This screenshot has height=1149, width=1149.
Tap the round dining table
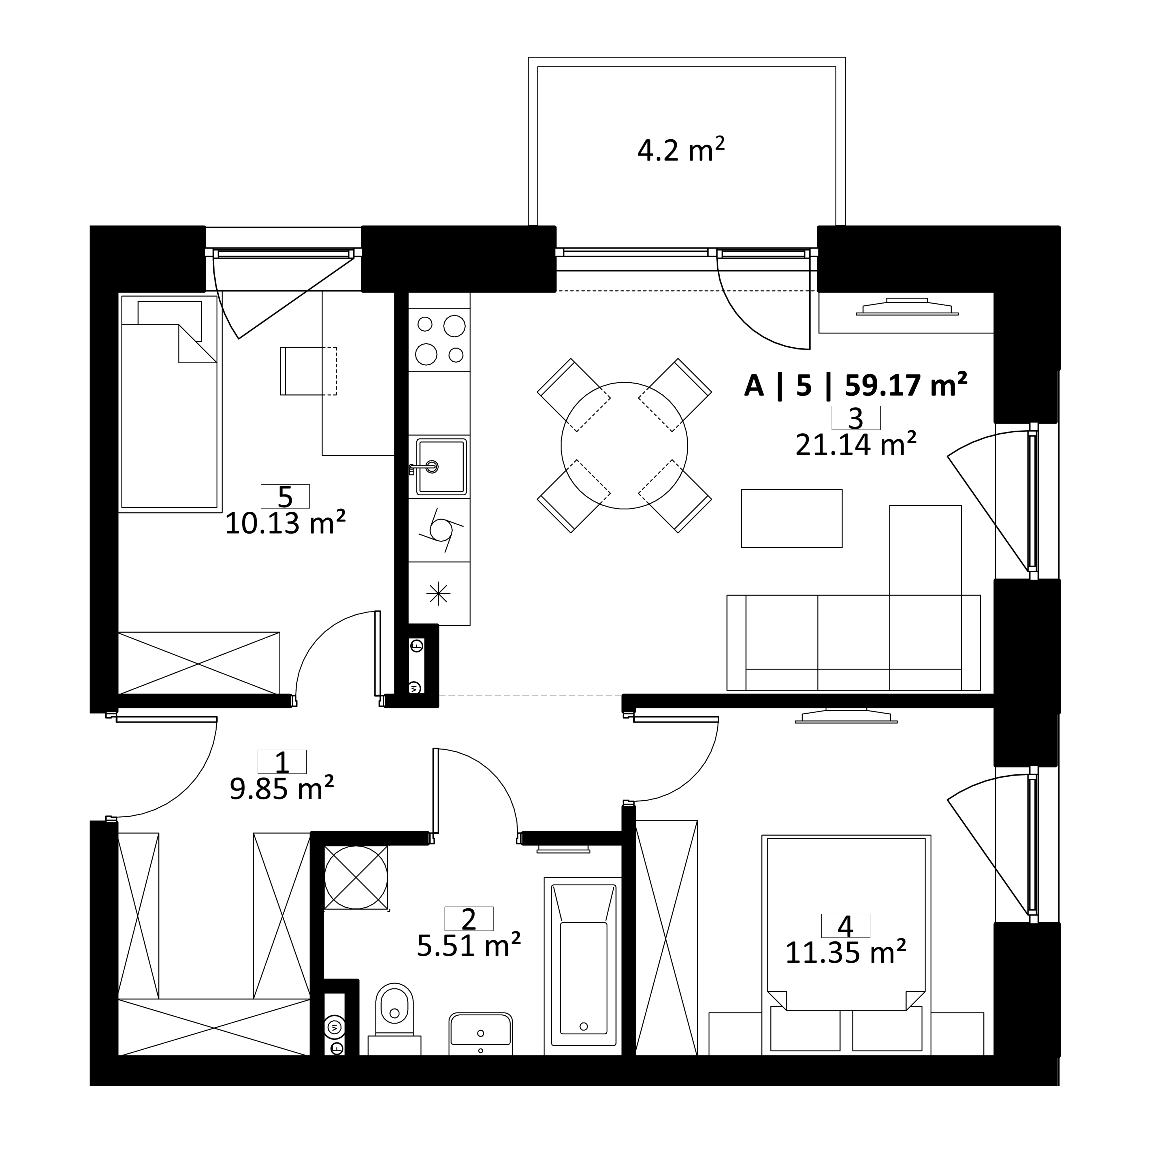click(x=625, y=446)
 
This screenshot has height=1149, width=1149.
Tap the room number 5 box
click(x=285, y=496)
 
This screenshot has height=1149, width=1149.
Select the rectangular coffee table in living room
click(x=792, y=518)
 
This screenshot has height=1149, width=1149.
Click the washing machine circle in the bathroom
click(x=356, y=877)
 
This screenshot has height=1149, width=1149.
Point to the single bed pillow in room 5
click(x=169, y=321)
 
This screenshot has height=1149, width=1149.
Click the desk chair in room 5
click(x=308, y=371)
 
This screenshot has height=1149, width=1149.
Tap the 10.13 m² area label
click(x=285, y=524)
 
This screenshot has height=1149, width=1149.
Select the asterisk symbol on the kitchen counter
click(x=438, y=593)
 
